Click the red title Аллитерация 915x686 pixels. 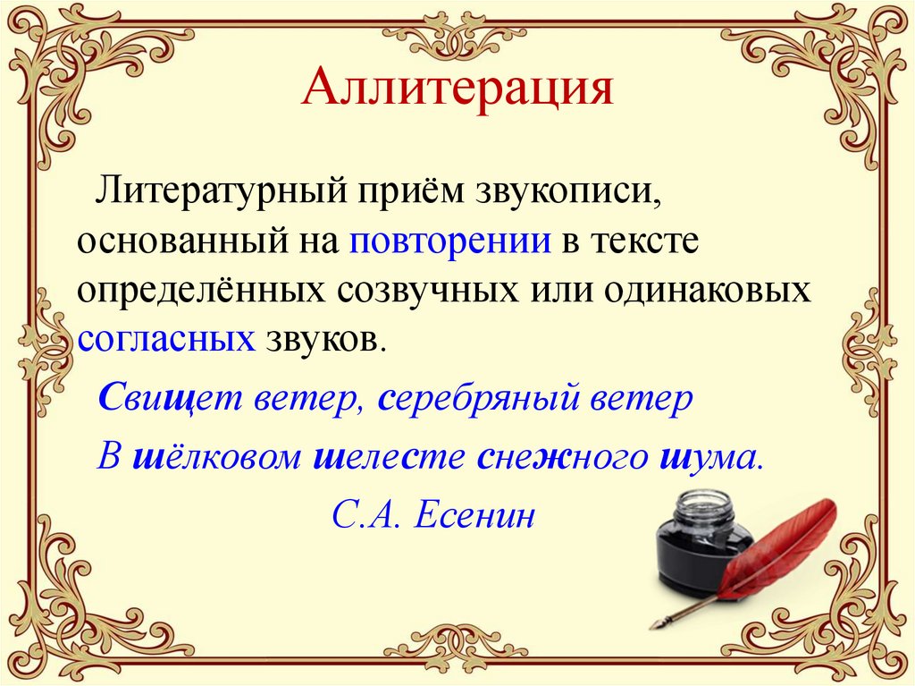coord(457,91)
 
